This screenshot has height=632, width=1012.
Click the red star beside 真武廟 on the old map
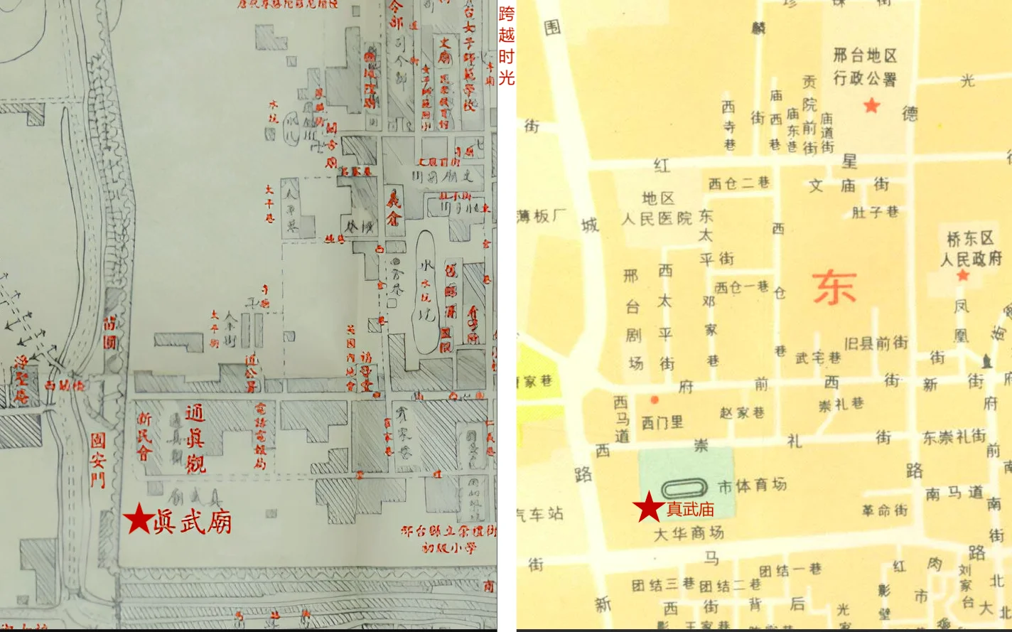pos(139,519)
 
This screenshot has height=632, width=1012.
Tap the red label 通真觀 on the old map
pos(195,439)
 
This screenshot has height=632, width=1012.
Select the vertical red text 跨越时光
pos(506,45)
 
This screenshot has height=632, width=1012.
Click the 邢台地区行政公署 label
pos(864,66)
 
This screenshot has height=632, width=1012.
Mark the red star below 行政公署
pos(871,106)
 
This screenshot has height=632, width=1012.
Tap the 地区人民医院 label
pos(657,209)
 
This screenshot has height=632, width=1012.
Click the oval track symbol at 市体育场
pos(685,488)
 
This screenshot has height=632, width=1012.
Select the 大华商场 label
pos(688,532)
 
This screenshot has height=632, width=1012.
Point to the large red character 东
pos(834,288)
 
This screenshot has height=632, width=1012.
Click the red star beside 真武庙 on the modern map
pos(649,508)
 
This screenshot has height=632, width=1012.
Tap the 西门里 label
pos(662,422)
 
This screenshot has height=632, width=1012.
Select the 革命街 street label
pos(884,510)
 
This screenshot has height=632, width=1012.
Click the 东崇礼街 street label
pos(954,437)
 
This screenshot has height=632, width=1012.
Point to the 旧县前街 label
pos(876,343)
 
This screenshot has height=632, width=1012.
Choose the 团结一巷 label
pos(790,570)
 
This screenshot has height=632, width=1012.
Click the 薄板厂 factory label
pos(542,215)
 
